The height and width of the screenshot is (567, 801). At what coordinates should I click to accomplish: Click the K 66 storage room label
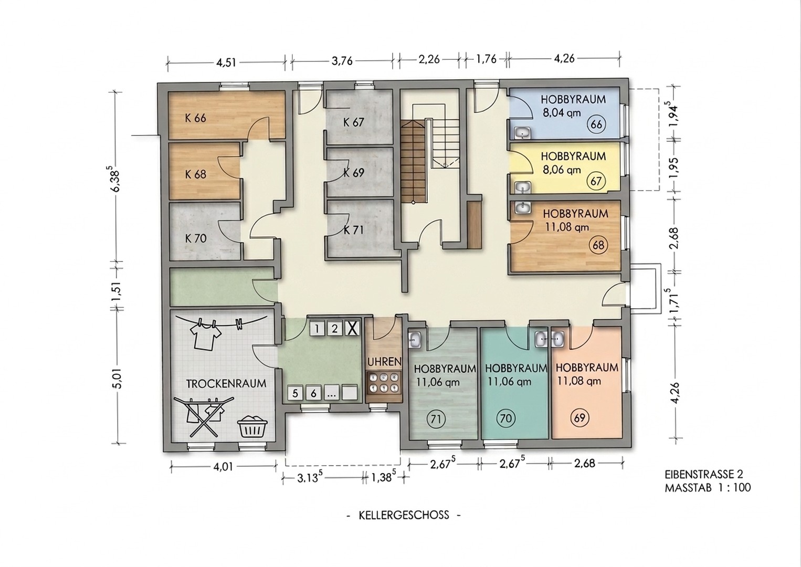click(x=195, y=118)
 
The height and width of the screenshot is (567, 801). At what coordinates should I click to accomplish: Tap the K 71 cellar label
click(x=353, y=230)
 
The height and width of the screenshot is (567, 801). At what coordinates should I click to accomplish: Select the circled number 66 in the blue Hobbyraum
click(x=597, y=125)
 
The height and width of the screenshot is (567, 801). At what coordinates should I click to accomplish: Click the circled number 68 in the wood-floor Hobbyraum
click(x=598, y=245)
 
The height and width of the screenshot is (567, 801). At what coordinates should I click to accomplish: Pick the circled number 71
click(x=435, y=419)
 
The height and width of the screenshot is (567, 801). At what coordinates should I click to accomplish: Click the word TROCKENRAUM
click(x=226, y=383)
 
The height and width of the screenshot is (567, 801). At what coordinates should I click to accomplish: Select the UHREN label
click(x=384, y=362)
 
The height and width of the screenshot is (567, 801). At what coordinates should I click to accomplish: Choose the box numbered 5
click(x=296, y=393)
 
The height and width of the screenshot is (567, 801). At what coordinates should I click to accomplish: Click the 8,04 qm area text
click(x=562, y=112)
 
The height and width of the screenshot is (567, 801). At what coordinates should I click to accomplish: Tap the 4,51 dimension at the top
click(x=226, y=62)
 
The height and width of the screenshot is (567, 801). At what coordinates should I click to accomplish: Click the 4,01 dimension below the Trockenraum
click(x=223, y=466)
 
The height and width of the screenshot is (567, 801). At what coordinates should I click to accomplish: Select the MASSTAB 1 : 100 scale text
click(x=707, y=488)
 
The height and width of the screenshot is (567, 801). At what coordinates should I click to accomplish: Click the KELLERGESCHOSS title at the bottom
click(x=404, y=515)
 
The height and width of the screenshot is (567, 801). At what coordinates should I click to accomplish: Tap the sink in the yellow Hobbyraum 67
click(x=523, y=187)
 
